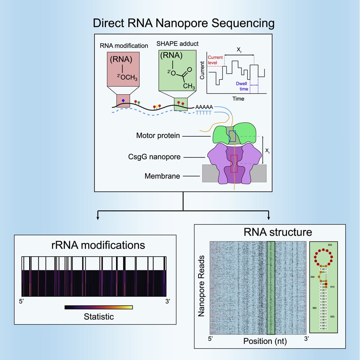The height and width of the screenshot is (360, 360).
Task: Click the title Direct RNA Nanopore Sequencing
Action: click(x=184, y=23)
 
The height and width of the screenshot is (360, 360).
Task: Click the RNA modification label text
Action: click(x=124, y=46)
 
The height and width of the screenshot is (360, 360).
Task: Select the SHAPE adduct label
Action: click(x=177, y=43)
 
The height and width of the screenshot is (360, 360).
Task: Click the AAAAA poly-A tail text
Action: click(x=204, y=107)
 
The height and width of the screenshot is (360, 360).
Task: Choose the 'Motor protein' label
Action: click(x=158, y=136)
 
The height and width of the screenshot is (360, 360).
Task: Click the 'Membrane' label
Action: click(x=162, y=176)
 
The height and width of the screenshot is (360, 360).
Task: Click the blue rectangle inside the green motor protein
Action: click(x=233, y=136)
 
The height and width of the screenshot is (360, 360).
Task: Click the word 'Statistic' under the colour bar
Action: click(x=99, y=317)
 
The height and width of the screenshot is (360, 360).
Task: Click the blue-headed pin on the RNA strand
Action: click(x=124, y=100)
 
